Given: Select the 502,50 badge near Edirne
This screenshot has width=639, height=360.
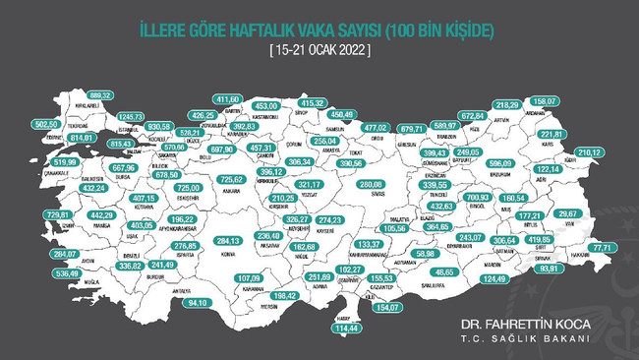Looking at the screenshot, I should coord(47,126).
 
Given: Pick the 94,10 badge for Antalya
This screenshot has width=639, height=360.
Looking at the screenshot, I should coord(201,302).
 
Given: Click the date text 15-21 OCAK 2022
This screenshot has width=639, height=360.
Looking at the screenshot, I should coord(319,49).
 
